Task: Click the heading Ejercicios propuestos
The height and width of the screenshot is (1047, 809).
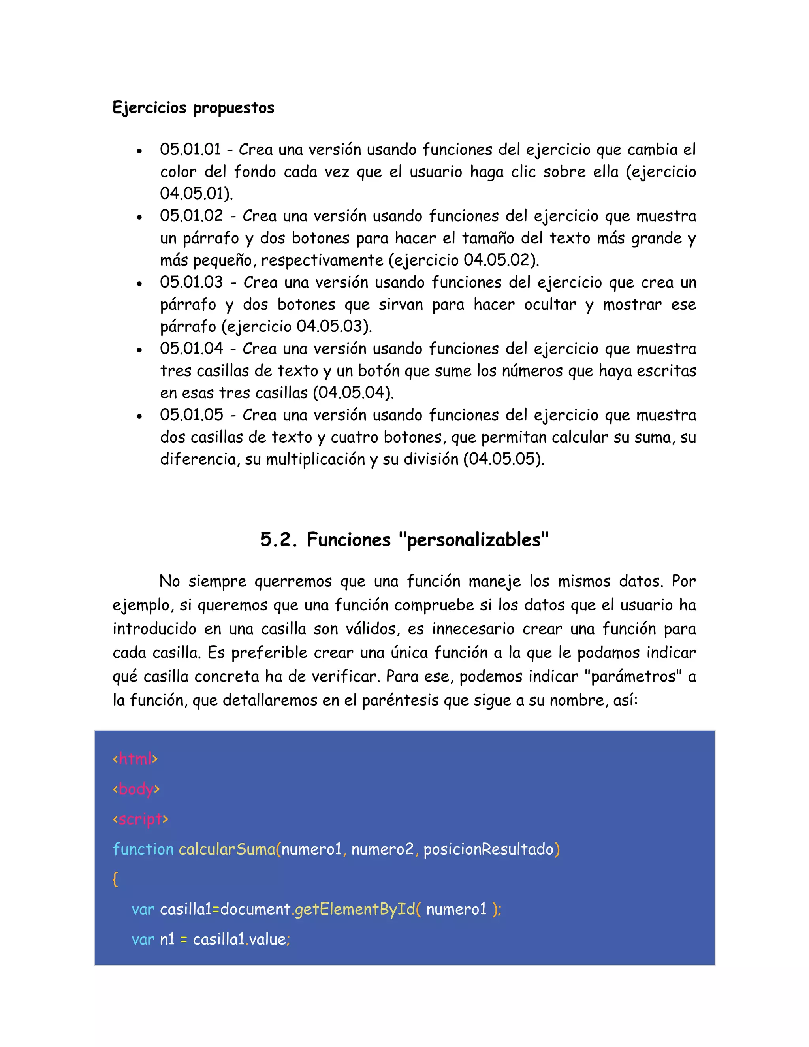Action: coord(193,108)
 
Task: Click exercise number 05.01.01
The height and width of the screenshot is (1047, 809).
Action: coord(190,150)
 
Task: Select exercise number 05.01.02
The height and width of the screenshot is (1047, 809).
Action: coord(191,216)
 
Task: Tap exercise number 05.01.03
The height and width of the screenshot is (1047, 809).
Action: coord(191,282)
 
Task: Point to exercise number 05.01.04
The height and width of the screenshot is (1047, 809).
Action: coord(191,348)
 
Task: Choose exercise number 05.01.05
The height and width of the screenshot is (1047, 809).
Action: coord(191,415)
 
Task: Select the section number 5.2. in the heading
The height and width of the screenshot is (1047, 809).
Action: coord(278,540)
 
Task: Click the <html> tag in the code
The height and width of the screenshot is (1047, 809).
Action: coord(135,759)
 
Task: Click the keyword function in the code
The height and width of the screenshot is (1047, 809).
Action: coord(143,849)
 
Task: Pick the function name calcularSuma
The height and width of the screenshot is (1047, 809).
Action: coord(227,849)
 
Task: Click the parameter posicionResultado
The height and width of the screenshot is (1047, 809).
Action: coord(488,849)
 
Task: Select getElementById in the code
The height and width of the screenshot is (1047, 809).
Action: coord(355,910)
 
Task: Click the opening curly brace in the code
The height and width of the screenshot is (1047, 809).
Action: coord(115,879)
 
